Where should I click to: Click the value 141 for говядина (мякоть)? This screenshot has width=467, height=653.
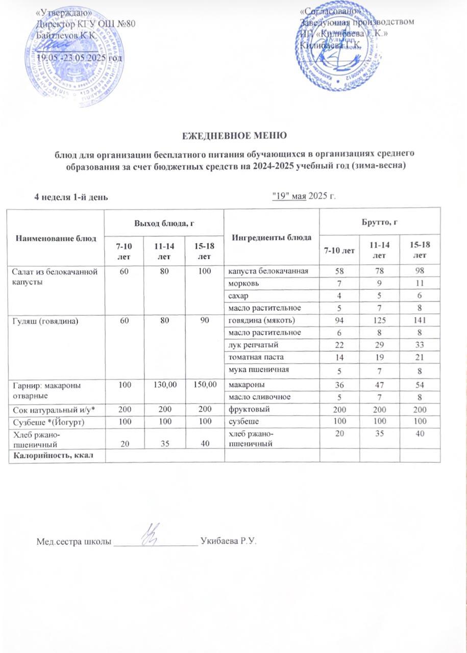[x=420, y=321]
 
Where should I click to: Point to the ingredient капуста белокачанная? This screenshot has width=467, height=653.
[x=268, y=271]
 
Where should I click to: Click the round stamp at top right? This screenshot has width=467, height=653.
[x=337, y=54]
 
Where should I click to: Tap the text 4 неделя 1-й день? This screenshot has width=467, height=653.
[x=70, y=197]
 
